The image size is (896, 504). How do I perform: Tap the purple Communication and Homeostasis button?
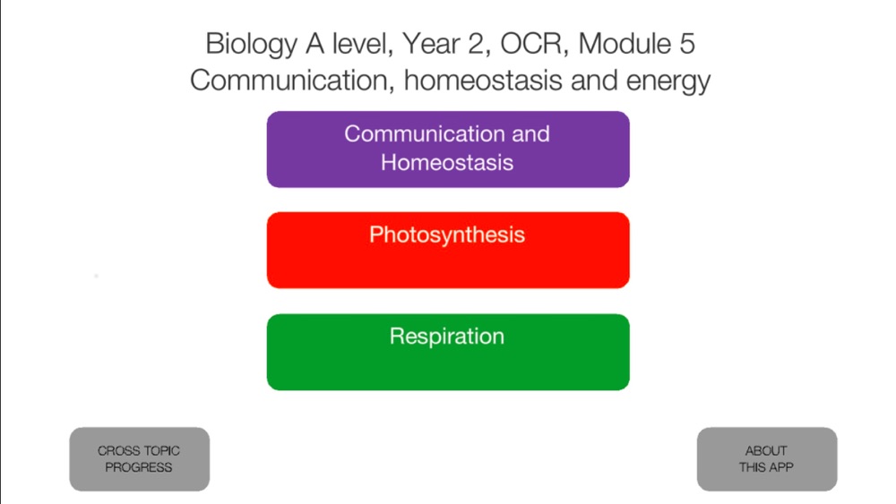[x=448, y=149]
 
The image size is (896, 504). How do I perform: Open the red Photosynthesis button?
[x=448, y=250]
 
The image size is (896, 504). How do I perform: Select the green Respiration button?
[x=448, y=352]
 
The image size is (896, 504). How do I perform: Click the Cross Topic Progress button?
[x=140, y=459]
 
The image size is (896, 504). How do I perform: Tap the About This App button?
[x=767, y=459]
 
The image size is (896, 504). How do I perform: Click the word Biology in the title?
[x=252, y=45]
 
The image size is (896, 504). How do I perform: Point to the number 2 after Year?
[x=476, y=44]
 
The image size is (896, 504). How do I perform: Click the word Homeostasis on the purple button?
[x=447, y=163]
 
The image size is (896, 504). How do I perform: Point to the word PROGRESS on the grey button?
[x=138, y=467]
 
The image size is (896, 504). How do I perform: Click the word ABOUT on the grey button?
[x=766, y=451]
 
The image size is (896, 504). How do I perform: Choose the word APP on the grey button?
[x=780, y=467]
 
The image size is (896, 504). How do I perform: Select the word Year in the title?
[x=430, y=44]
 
